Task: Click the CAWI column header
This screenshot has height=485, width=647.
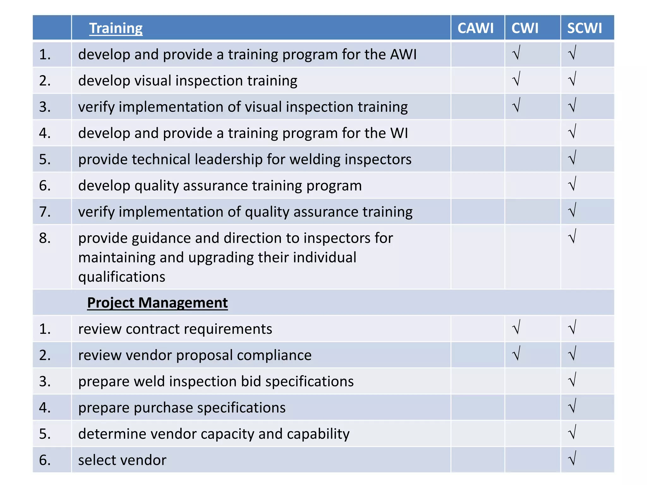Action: pyautogui.click(x=475, y=28)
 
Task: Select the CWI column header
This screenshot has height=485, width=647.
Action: pyautogui.click(x=525, y=28)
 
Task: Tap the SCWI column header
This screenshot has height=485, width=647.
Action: pyautogui.click(x=584, y=28)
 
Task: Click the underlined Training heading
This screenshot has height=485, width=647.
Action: pyautogui.click(x=116, y=28)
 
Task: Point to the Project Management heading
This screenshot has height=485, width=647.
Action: pyautogui.click(x=157, y=302)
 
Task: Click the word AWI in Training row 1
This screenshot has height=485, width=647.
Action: pyautogui.click(x=403, y=54)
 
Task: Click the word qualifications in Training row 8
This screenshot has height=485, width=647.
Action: pyautogui.click(x=122, y=277)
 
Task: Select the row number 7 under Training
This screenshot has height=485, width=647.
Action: pyautogui.click(x=45, y=212)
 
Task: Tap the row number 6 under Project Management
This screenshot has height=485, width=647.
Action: pyautogui.click(x=45, y=460)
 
